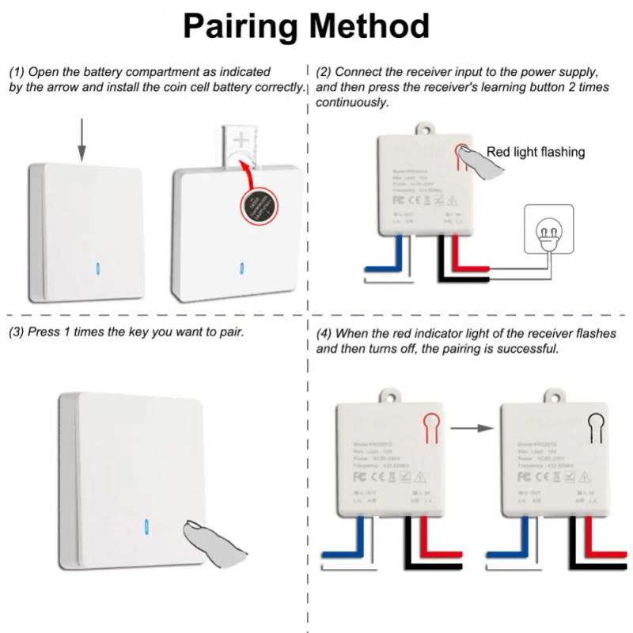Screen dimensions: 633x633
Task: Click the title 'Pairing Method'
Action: pos(306,26)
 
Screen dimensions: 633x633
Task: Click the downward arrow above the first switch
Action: pos(81,140)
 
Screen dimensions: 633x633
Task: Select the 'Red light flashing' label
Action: pos(536,152)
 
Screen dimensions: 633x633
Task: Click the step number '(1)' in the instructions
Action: pos(17,72)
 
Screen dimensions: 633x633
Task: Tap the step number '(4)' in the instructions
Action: pos(324,334)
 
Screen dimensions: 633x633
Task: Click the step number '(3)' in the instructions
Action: pos(17,332)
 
